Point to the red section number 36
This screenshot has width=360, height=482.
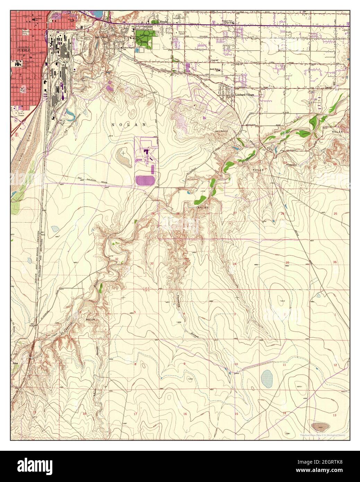pyautogui.click(x=335, y=262)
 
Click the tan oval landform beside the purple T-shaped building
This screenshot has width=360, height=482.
pyautogui.click(x=123, y=155)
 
